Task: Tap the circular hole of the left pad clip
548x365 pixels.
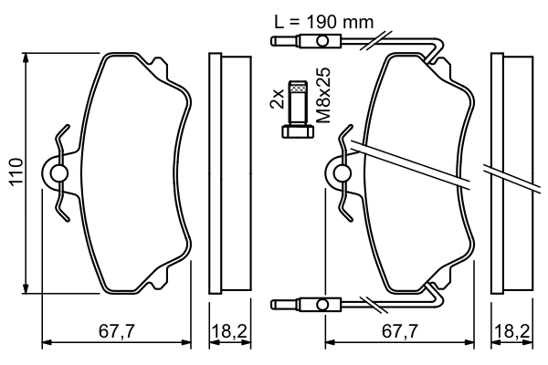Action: pos(58,172)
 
